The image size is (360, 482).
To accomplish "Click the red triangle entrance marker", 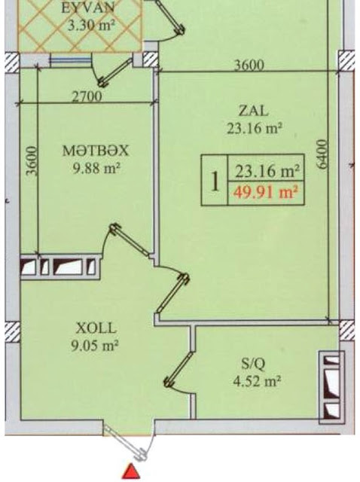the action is (x=131, y=471).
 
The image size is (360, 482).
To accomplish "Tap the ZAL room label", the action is (x=253, y=111).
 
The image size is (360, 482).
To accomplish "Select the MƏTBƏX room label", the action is (x=95, y=151).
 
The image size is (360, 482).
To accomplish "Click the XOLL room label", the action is (x=96, y=328).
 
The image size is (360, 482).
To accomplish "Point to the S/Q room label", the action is (x=253, y=365).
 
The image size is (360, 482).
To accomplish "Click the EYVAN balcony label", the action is (x=88, y=8).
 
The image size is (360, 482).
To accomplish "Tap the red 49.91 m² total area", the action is (x=266, y=194).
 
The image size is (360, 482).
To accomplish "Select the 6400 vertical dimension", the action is (x=322, y=154).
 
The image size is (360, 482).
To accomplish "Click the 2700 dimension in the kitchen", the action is (x=87, y=97).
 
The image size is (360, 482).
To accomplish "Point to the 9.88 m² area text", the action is (x=96, y=168).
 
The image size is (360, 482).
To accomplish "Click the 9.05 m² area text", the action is (x=95, y=346).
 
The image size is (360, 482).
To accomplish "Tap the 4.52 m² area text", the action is (x=257, y=382).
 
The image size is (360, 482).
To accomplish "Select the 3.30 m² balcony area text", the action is (x=91, y=25).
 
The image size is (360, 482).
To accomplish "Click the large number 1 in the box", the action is (x=215, y=181).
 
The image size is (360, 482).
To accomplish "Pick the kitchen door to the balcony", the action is (x=113, y=72).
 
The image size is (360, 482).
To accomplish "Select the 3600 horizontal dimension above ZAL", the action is (x=249, y=66).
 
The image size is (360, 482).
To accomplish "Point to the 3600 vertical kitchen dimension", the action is (x=32, y=160).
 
